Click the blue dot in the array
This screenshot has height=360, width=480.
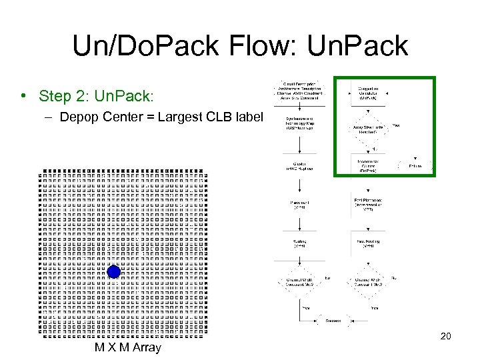coord(114,272)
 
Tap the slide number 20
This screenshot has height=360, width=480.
coord(446,336)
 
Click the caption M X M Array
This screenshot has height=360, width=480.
coord(127,347)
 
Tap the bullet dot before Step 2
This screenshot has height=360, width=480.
coord(23,96)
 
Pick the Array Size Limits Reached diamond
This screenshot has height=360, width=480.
coord(368,129)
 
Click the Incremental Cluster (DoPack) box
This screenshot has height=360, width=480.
coord(368,164)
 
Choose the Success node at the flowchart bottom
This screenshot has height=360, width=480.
coord(334,321)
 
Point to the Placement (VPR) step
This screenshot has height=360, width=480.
coord(299,205)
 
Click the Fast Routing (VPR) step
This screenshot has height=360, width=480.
coord(368,244)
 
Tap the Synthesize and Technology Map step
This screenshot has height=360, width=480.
coord(299,129)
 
